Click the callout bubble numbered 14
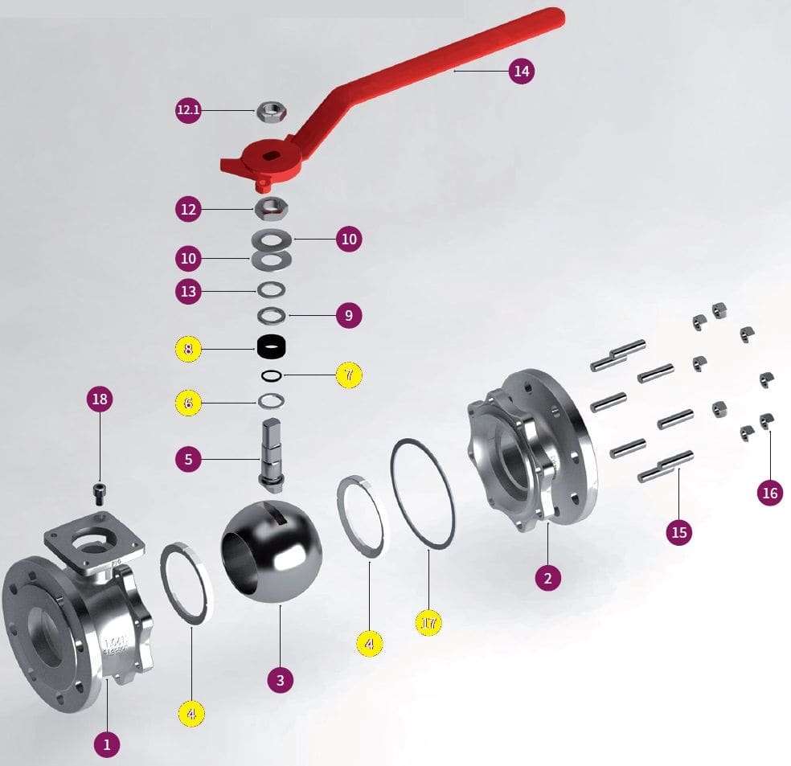coord(522,72)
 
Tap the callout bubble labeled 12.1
coord(188,110)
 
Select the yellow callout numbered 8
coord(188,349)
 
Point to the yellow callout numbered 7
coord(349,375)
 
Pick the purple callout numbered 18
coord(100,399)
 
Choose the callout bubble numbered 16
coord(770,493)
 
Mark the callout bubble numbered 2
coord(547,577)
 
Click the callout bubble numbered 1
coord(107,744)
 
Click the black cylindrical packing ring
coord(273,348)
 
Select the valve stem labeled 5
coord(270,454)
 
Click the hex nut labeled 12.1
coord(267,113)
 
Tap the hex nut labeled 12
coord(267,210)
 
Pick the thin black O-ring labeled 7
coord(272,375)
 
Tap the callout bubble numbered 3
coord(280,680)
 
